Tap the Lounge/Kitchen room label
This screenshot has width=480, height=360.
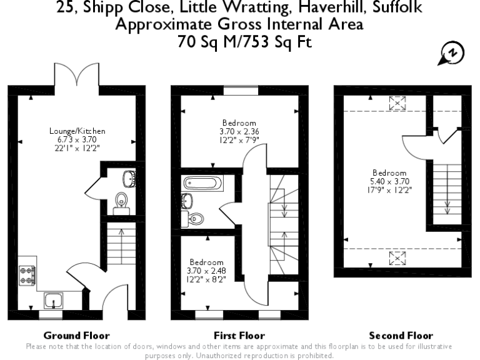[x=77, y=131]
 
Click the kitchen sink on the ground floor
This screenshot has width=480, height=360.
[x=54, y=301]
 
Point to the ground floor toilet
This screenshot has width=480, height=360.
[x=121, y=202]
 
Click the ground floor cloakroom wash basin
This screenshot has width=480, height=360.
[x=129, y=177]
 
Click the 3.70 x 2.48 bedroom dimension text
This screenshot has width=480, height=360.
[x=206, y=271]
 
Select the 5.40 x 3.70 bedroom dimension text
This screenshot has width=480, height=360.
[x=389, y=181]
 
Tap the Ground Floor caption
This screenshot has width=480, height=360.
[x=77, y=336]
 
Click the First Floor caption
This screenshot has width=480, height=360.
[x=239, y=336]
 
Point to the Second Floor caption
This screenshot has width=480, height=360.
[x=401, y=336]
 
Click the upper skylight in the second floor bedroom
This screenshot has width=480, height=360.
[x=396, y=102]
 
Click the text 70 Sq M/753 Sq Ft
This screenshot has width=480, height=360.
[x=240, y=42]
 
